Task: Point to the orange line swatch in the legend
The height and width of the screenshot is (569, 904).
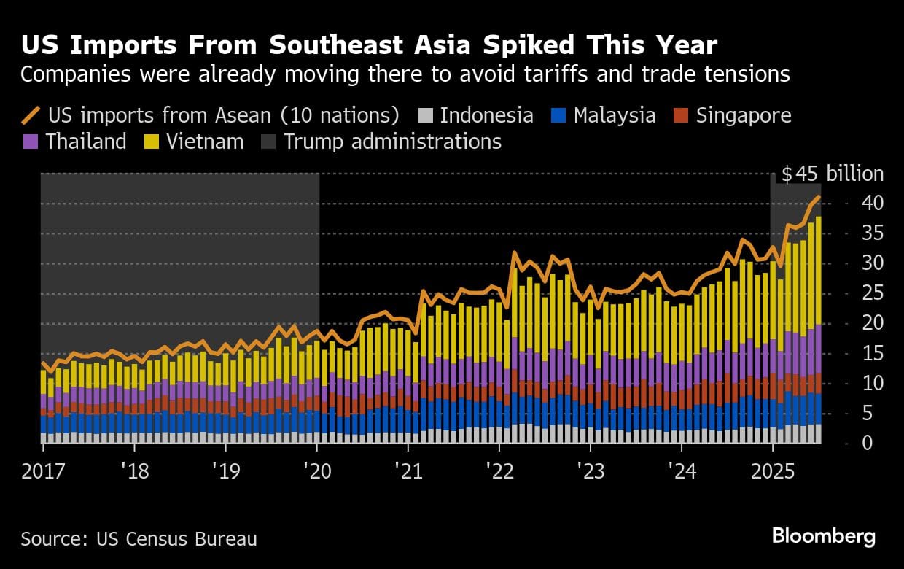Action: coord(31,115)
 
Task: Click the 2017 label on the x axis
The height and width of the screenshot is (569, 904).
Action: coord(42,471)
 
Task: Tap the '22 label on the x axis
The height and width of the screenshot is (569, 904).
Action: coord(499,471)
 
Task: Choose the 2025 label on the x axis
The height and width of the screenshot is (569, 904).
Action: coord(773,471)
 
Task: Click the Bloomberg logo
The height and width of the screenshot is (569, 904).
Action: coord(824,537)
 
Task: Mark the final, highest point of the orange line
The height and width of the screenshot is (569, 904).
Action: coord(819,197)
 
